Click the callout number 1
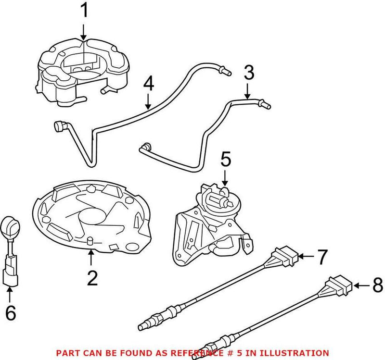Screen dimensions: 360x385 point(84,10)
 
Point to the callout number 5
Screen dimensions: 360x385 point(226,159)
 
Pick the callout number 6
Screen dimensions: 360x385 point(10,313)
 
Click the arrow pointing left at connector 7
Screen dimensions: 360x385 point(305,257)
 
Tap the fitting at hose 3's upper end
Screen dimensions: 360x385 point(265,104)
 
